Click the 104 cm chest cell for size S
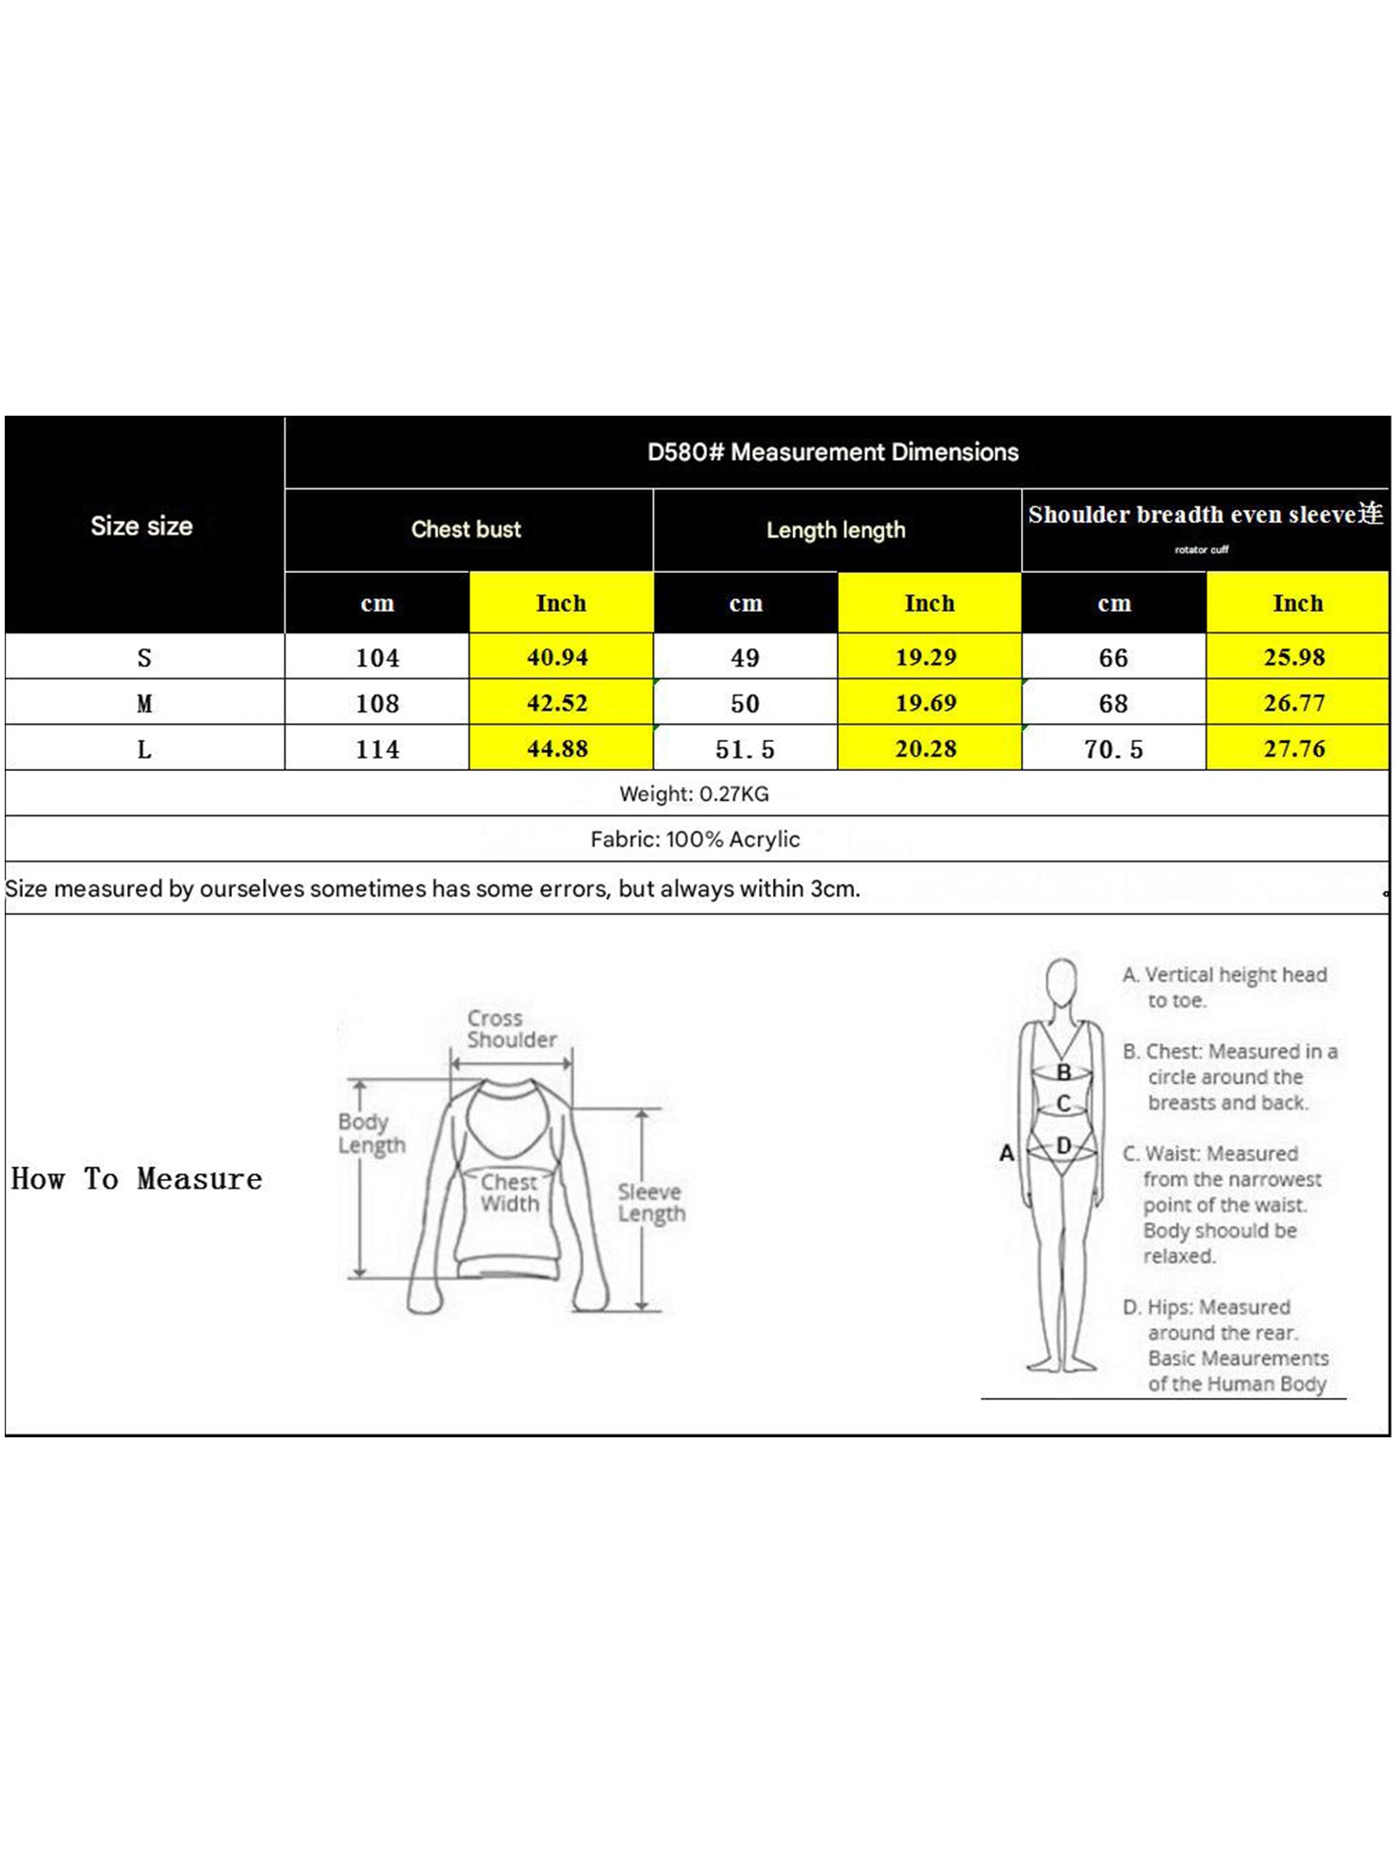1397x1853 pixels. [x=377, y=658]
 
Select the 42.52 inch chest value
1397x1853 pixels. [x=557, y=703]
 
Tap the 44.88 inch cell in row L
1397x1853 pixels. [x=557, y=749]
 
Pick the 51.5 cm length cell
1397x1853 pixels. [x=745, y=749]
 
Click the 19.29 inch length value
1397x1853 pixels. [x=926, y=657]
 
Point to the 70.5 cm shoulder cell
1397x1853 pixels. [x=1113, y=749]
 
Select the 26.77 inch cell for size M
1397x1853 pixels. [x=1294, y=703]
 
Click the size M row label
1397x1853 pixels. [x=144, y=704]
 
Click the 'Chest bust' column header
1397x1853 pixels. [x=466, y=530]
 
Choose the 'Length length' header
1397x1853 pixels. [x=836, y=531]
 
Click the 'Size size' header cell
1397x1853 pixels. [x=141, y=526]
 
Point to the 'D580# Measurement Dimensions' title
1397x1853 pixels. [x=833, y=452]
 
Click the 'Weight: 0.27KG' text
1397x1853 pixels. [x=694, y=794]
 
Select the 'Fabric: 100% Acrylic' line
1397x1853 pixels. [x=695, y=840]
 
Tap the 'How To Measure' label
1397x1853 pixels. [x=137, y=1179]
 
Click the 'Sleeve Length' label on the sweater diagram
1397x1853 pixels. [x=651, y=1203]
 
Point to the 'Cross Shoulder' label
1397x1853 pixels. [x=512, y=1029]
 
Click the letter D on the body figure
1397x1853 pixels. [x=1063, y=1145]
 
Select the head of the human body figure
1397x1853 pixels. [x=1062, y=986]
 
